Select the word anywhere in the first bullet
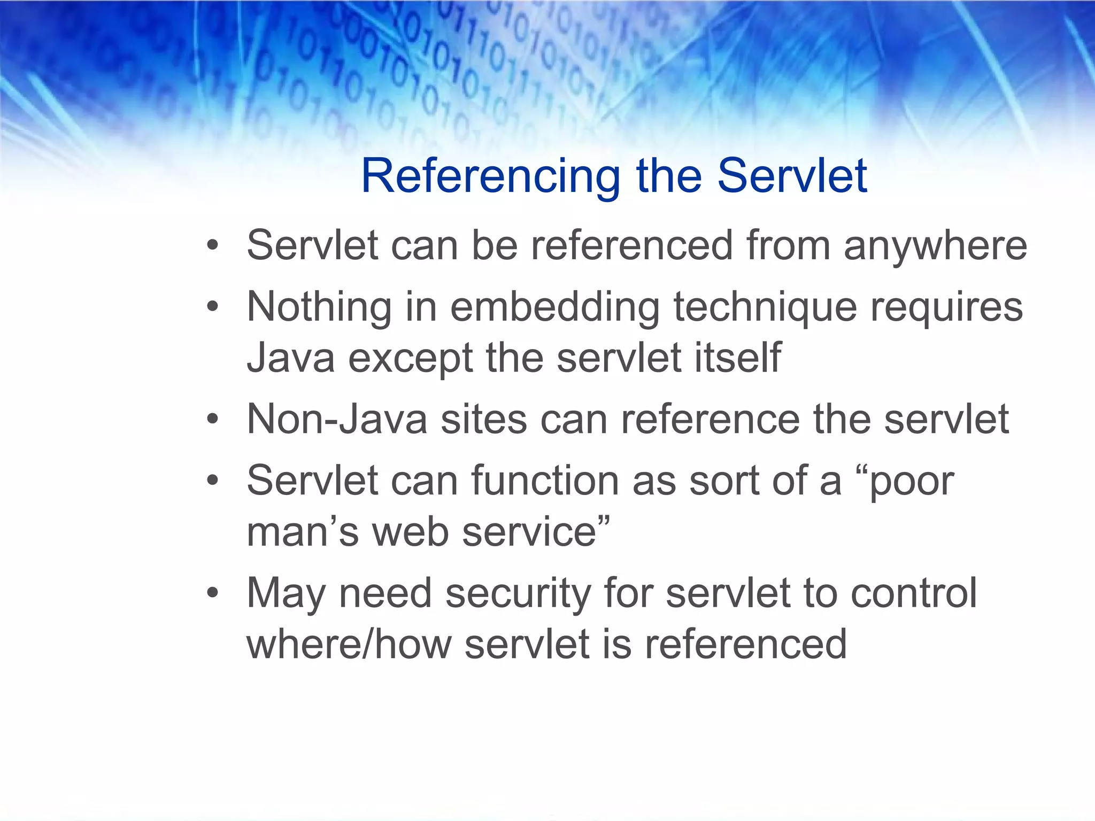(x=935, y=246)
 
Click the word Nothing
(x=319, y=308)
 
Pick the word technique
(x=765, y=308)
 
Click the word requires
(x=946, y=307)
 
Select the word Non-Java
(x=337, y=420)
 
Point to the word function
(x=545, y=481)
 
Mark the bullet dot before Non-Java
(x=213, y=420)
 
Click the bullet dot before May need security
(x=213, y=593)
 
